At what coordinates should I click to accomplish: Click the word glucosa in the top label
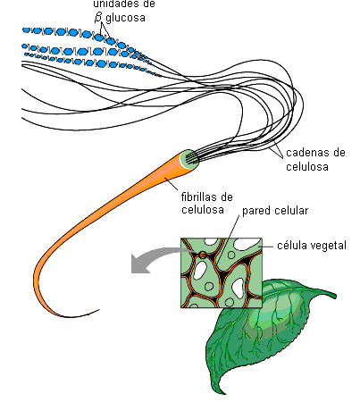point(125,19)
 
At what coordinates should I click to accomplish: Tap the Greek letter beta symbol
point(98,17)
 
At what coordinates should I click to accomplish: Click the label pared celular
point(275,211)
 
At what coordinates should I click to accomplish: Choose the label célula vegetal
point(312,246)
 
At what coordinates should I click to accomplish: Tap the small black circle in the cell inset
point(203,255)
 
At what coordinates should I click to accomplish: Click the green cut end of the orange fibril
point(189,159)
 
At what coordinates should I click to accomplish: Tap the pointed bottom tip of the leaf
point(222,392)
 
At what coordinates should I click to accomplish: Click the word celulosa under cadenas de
point(307,166)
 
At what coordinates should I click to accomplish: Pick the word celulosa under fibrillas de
point(203,209)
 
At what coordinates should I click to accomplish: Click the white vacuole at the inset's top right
point(246,244)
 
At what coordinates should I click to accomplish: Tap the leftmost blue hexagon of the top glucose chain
point(27,30)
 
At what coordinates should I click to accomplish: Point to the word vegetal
point(329,246)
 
